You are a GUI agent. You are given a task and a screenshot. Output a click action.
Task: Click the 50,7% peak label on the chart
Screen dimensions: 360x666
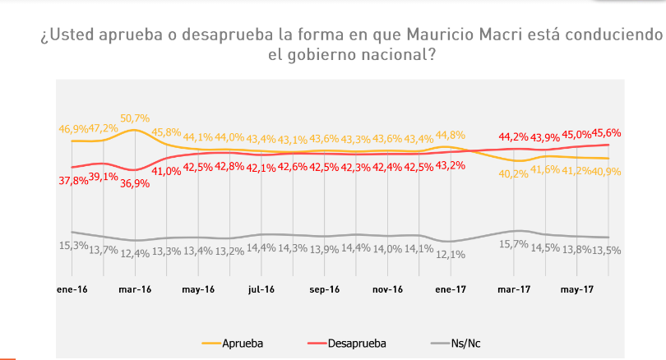[x=136, y=118]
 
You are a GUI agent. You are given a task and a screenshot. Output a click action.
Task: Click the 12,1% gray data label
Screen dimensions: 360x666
[x=451, y=255]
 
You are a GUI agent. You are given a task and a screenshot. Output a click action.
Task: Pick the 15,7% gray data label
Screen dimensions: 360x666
[x=514, y=244]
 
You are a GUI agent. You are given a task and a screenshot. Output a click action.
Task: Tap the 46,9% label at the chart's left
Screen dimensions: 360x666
[x=73, y=129]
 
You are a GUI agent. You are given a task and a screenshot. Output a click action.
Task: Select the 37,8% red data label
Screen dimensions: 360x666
[x=72, y=181]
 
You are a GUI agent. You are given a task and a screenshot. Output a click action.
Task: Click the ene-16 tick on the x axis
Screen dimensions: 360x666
[x=72, y=289]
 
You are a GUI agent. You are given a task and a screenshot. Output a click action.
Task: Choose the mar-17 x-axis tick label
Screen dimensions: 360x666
[x=514, y=289]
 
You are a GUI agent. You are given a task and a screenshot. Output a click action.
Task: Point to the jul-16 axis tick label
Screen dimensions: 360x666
[x=261, y=289]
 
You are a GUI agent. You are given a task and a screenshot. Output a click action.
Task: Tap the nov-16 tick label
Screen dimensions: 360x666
[x=387, y=289]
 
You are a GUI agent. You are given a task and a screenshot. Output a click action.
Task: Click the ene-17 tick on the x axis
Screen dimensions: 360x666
[x=451, y=289]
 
